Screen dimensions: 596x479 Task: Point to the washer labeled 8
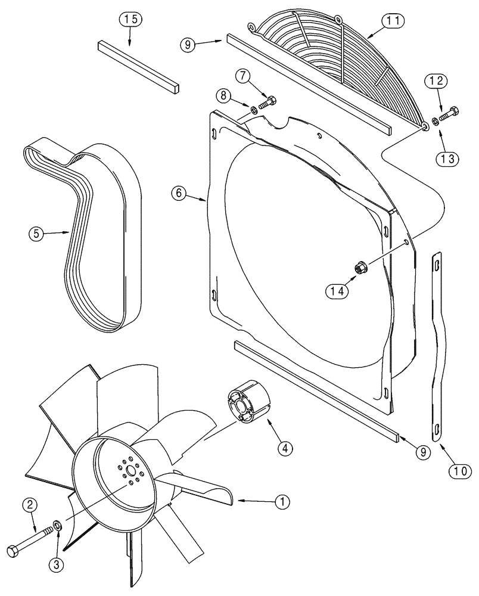253,109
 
